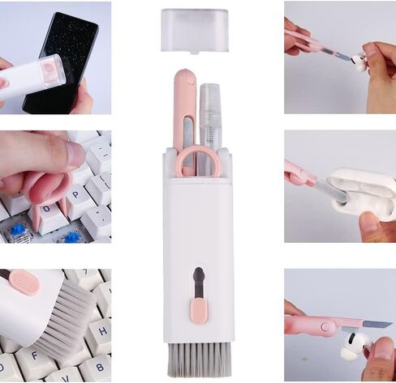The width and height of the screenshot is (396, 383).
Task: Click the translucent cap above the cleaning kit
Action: (193, 29)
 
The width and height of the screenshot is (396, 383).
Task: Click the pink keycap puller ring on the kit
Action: (196, 161)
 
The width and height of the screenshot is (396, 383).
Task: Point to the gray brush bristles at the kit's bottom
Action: (198, 359)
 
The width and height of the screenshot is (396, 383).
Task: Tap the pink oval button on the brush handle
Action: (24, 282)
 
